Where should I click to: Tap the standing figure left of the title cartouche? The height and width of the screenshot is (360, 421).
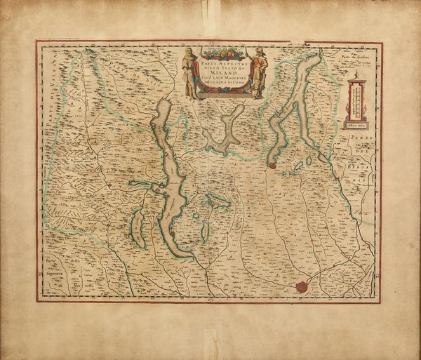pos(187,72)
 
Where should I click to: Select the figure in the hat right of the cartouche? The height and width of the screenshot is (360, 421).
pos(259,72)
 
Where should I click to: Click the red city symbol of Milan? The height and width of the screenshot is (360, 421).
pos(302,286)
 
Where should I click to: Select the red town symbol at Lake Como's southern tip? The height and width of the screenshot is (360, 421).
pos(272,166)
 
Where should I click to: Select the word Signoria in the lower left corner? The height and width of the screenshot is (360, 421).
pos(53,275)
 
